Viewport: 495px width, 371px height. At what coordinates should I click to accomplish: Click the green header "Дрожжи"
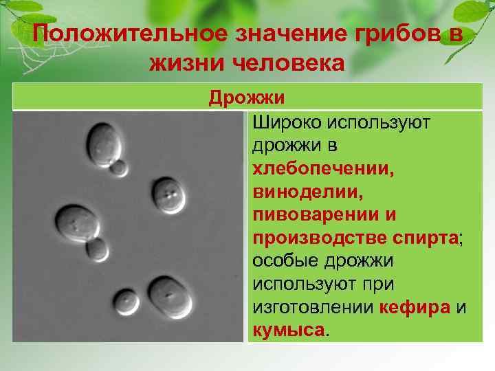247,98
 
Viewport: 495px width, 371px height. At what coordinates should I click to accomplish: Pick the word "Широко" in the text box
287,123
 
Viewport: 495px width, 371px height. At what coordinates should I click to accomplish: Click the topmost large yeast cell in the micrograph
104,140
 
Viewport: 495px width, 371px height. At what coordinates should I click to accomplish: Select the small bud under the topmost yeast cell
120,167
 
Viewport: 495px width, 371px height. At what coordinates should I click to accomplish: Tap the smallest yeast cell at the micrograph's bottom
126,301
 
